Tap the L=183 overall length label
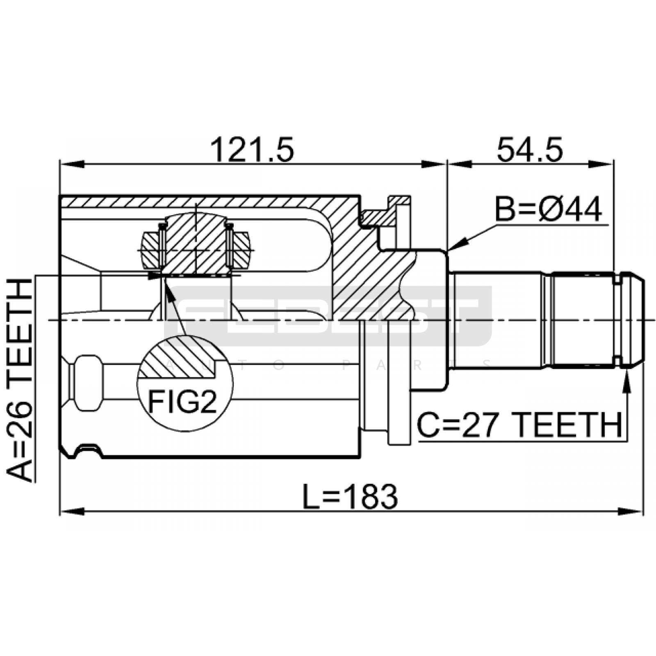coord(350,497)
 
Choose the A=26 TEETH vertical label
coord(19,380)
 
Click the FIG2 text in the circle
coord(182,402)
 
